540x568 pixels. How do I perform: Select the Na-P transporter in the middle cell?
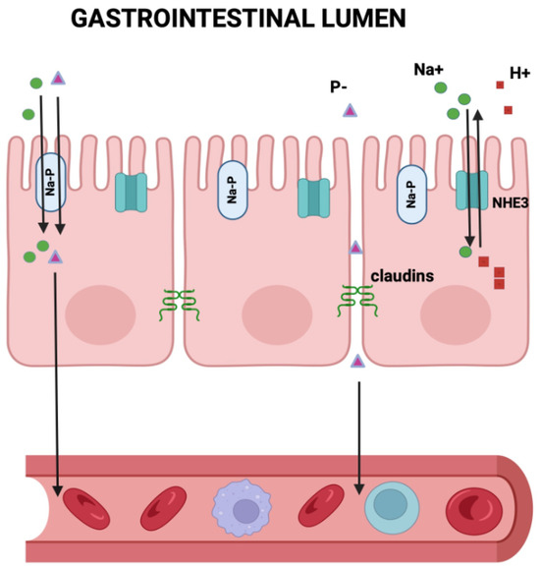point(233,190)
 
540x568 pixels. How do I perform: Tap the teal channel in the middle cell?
point(313,198)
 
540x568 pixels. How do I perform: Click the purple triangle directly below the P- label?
point(349,110)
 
